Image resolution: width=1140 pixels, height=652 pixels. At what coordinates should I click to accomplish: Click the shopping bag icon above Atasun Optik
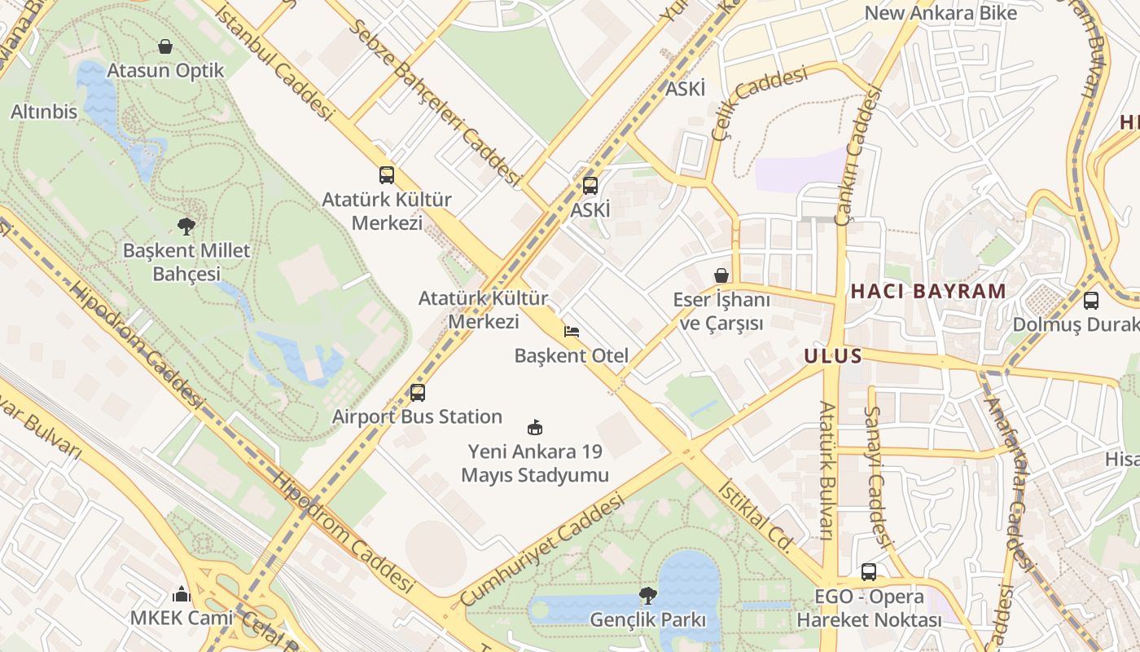(x=165, y=46)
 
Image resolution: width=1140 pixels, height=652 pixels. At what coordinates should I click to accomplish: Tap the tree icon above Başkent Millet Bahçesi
(x=186, y=226)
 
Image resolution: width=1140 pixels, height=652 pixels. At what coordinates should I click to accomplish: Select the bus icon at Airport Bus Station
(x=418, y=393)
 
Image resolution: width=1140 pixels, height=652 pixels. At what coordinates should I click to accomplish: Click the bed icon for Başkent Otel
(x=572, y=332)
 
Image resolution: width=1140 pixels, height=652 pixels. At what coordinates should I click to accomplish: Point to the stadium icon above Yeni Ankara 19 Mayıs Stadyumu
(x=535, y=427)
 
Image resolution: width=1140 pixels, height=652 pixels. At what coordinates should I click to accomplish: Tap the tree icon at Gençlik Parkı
(x=648, y=595)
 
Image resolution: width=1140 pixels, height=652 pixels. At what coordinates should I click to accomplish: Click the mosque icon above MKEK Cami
(x=182, y=593)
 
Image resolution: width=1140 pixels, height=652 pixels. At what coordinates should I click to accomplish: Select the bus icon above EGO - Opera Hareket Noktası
(x=869, y=572)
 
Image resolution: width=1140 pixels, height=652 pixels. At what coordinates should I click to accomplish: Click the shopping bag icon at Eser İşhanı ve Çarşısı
(x=721, y=275)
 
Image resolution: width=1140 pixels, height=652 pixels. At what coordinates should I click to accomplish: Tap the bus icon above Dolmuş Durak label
(x=1091, y=300)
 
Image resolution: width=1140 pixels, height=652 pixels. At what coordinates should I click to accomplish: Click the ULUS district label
(x=832, y=356)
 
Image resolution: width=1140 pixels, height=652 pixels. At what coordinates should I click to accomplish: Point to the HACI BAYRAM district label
(x=928, y=291)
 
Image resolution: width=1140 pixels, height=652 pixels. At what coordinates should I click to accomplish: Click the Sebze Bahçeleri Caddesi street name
(x=435, y=102)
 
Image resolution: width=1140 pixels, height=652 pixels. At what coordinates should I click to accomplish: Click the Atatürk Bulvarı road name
(x=826, y=470)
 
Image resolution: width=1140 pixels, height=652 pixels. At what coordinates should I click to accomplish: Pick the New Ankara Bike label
(x=940, y=13)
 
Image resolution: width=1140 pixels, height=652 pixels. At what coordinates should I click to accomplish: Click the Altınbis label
(x=44, y=112)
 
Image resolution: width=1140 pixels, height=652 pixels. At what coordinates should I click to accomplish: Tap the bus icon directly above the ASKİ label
(x=590, y=186)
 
